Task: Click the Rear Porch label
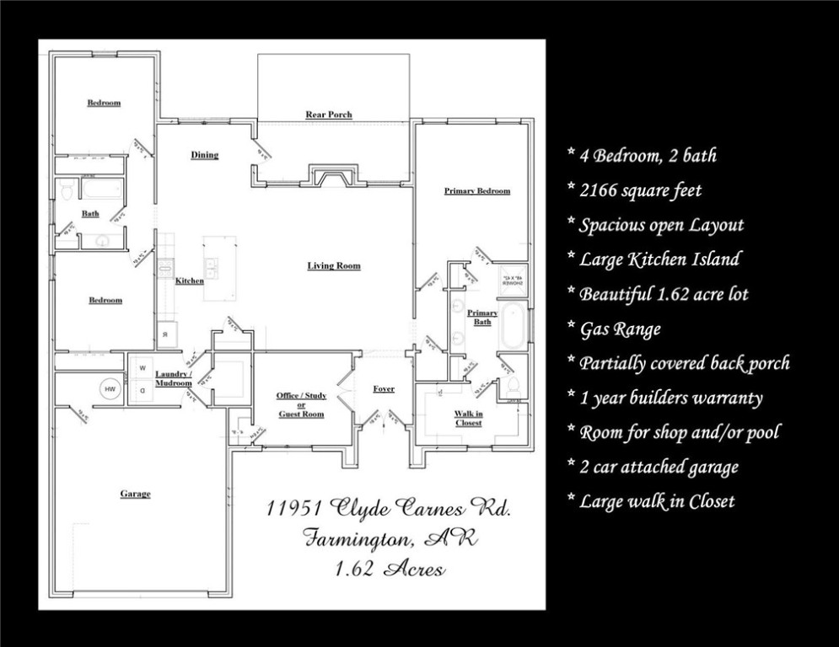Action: click(328, 115)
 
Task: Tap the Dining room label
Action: click(204, 155)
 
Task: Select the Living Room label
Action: click(333, 266)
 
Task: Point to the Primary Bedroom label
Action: click(476, 191)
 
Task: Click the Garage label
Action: click(135, 494)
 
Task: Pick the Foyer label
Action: click(384, 389)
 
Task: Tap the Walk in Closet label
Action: click(468, 418)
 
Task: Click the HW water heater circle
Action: click(110, 389)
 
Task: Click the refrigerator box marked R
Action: click(165, 334)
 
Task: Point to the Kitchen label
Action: click(189, 281)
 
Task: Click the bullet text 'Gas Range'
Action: click(620, 329)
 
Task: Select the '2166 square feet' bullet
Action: click(640, 191)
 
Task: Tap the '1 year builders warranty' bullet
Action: click(670, 398)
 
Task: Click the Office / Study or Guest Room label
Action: click(301, 404)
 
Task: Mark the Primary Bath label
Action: click(482, 318)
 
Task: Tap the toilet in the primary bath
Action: click(513, 388)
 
